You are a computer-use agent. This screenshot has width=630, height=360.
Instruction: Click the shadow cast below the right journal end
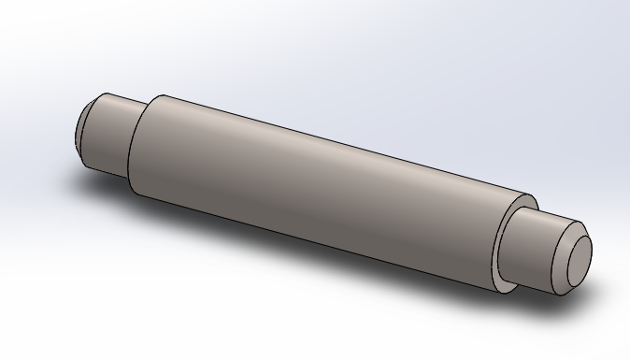click(575, 297)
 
